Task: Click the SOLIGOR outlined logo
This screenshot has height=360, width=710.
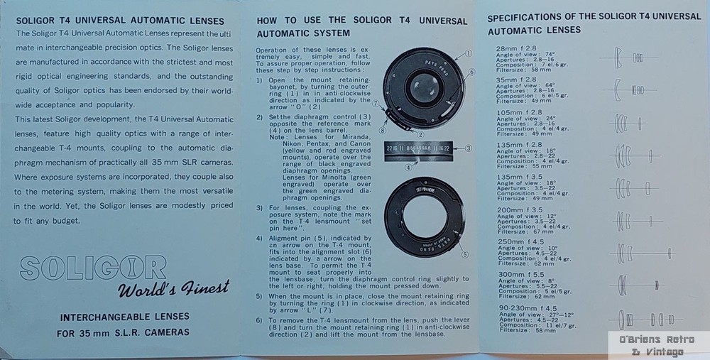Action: point(93,268)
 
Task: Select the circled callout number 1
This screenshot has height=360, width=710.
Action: point(469,54)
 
